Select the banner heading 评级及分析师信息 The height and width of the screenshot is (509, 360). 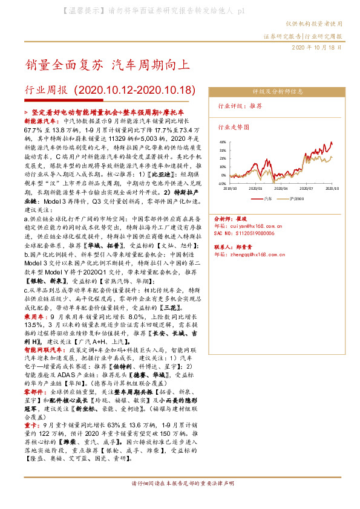pyautogui.click(x=277, y=91)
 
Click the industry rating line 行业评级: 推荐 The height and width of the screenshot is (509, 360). pyautogui.click(x=240, y=105)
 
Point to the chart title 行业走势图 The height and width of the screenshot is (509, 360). pyautogui.click(x=234, y=128)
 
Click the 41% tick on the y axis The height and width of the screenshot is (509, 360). pyautogui.click(x=222, y=142)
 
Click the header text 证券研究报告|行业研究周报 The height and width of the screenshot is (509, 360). pyautogui.click(x=303, y=36)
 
